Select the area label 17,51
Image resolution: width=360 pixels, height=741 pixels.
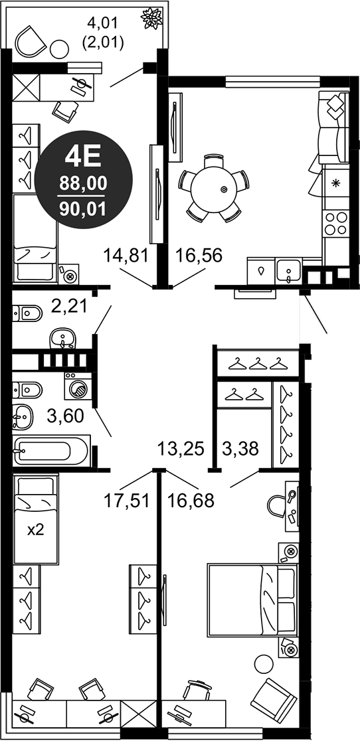[127, 499]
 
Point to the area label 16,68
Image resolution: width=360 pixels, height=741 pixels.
[191, 499]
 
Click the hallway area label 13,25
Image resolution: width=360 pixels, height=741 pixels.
[181, 448]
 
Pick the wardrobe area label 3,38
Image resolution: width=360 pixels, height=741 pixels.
[240, 448]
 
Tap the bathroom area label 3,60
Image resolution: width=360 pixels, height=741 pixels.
[65, 416]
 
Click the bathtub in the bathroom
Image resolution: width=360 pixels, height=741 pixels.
[51, 450]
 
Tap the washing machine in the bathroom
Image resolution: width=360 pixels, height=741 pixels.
[78, 386]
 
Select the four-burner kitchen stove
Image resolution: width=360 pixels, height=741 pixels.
[336, 223]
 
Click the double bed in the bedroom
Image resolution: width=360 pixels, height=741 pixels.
[252, 600]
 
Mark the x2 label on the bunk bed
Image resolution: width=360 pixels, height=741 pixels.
[35, 530]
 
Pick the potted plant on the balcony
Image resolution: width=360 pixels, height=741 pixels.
[151, 18]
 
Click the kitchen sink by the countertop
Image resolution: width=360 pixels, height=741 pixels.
[289, 272]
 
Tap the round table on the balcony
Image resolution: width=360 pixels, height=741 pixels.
[60, 48]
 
